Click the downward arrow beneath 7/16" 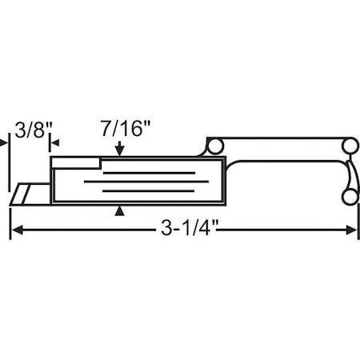119,150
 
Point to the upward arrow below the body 120,210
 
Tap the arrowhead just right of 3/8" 54,143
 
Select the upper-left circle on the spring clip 214,146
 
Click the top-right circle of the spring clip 349,146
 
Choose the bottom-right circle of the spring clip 349,197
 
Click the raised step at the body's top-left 76,162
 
